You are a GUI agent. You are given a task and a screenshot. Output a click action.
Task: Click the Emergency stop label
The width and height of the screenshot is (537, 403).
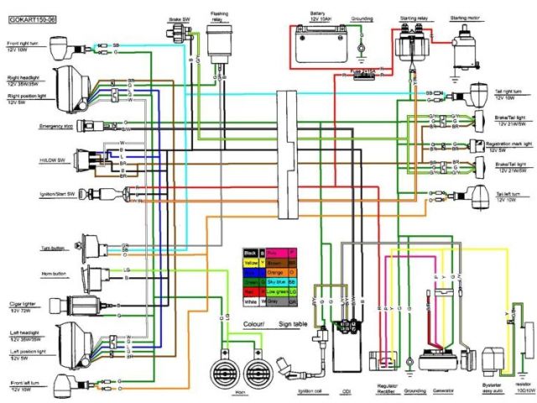coord(30,126)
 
